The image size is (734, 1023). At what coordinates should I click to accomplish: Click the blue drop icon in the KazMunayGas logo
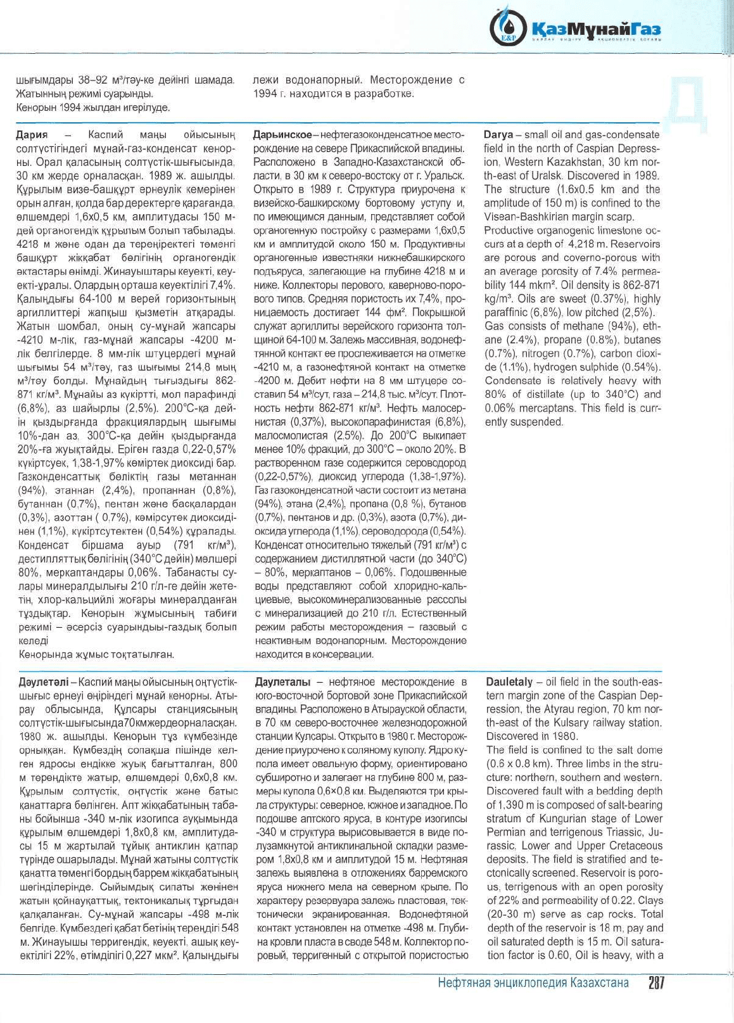click(507, 26)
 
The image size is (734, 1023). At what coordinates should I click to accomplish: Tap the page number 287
click(655, 982)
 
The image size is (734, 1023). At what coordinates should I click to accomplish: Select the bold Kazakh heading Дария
click(32, 135)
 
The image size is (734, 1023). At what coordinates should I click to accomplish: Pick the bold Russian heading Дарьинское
click(282, 135)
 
